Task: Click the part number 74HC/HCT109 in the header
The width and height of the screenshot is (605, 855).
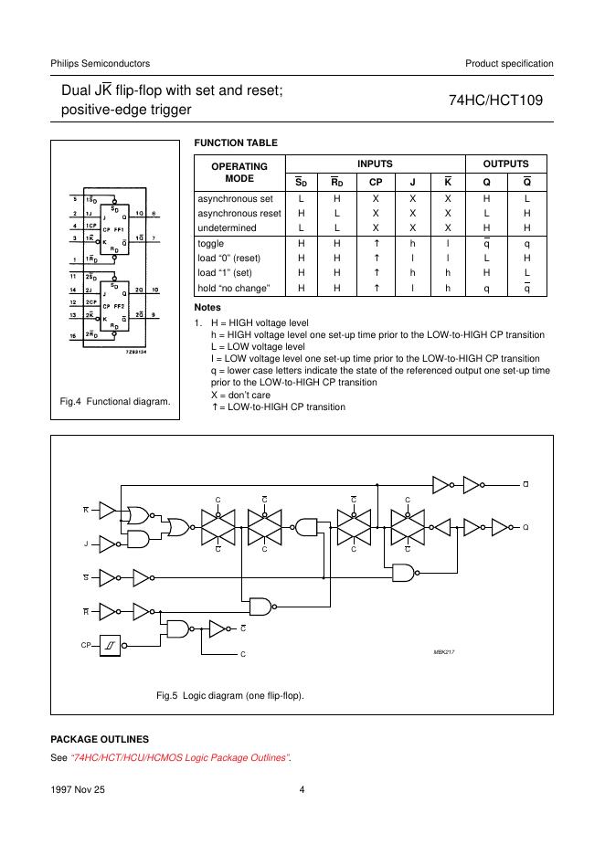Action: click(495, 101)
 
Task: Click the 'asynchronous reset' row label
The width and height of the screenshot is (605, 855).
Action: click(239, 213)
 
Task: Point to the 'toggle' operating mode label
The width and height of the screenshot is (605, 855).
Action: click(211, 244)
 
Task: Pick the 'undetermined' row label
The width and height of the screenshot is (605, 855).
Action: click(228, 227)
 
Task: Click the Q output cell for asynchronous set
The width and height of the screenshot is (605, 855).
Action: click(486, 198)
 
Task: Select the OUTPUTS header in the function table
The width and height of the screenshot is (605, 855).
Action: click(506, 164)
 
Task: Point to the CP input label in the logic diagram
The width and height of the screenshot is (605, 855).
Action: click(86, 644)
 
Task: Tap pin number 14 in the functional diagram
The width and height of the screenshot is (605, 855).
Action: click(73, 290)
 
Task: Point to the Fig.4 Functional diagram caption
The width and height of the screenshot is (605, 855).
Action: click(115, 401)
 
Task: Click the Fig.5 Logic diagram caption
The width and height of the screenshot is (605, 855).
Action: click(230, 695)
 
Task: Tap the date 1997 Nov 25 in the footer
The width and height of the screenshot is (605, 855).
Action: click(79, 792)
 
